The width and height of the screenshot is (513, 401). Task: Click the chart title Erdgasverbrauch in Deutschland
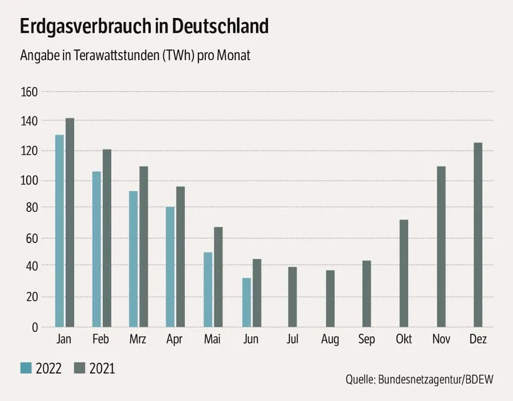(144, 27)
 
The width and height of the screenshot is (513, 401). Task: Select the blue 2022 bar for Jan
(59, 231)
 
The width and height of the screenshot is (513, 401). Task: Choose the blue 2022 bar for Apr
(170, 267)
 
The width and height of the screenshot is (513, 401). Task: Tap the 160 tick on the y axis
(30, 92)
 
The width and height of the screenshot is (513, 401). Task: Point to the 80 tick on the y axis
(33, 208)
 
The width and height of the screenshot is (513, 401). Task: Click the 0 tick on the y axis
(35, 327)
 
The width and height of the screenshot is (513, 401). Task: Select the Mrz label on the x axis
(138, 340)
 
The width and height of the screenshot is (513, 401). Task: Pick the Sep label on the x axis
(367, 340)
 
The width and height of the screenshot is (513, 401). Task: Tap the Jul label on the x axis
(293, 340)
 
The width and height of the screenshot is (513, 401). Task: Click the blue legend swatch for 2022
(26, 368)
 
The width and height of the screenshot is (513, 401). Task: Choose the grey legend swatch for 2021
(79, 368)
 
